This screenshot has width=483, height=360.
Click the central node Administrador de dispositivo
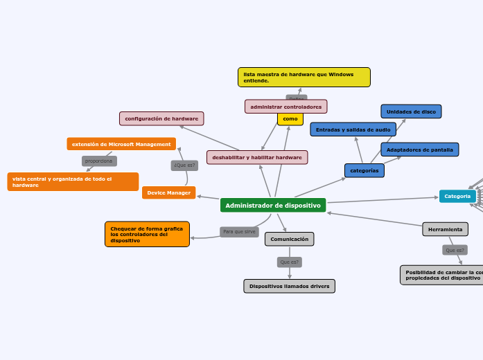273,206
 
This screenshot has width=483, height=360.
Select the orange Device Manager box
169,192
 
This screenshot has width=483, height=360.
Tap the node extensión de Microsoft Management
121,144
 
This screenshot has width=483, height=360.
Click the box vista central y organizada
73,182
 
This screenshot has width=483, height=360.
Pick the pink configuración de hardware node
161,118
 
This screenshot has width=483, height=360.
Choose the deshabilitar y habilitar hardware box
257,157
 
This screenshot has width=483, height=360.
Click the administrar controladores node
286,107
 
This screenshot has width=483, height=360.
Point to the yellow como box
290,119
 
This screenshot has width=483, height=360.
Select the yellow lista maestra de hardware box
304,77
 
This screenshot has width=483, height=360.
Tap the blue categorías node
365,170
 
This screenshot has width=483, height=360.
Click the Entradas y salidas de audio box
353,129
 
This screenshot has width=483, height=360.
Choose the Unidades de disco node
411,111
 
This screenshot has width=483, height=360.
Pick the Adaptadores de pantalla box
420,150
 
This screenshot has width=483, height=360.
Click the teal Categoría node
457,196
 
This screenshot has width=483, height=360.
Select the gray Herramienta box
446,229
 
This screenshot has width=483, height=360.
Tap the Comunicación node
290,239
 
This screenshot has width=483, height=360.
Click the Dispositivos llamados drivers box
290,286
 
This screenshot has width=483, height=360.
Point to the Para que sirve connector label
239,231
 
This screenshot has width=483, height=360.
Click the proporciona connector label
99,161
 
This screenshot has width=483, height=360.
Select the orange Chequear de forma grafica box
147,234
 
